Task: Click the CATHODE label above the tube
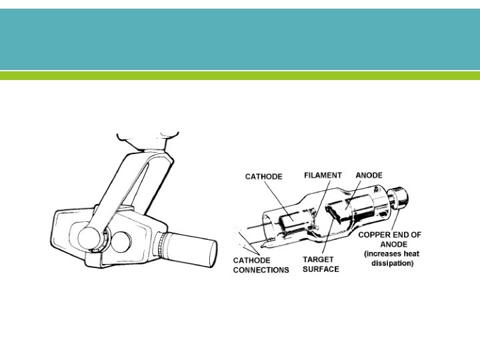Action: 264,177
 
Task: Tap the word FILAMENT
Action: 323,175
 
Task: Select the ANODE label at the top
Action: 369,175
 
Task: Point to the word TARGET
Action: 319,259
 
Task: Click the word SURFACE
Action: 321,269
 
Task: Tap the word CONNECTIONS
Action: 261,270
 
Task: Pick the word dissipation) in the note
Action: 392,263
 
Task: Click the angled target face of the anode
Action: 333,213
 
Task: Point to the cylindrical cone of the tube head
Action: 193,247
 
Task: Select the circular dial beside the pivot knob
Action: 121,239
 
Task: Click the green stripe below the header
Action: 240,76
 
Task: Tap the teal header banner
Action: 240,39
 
